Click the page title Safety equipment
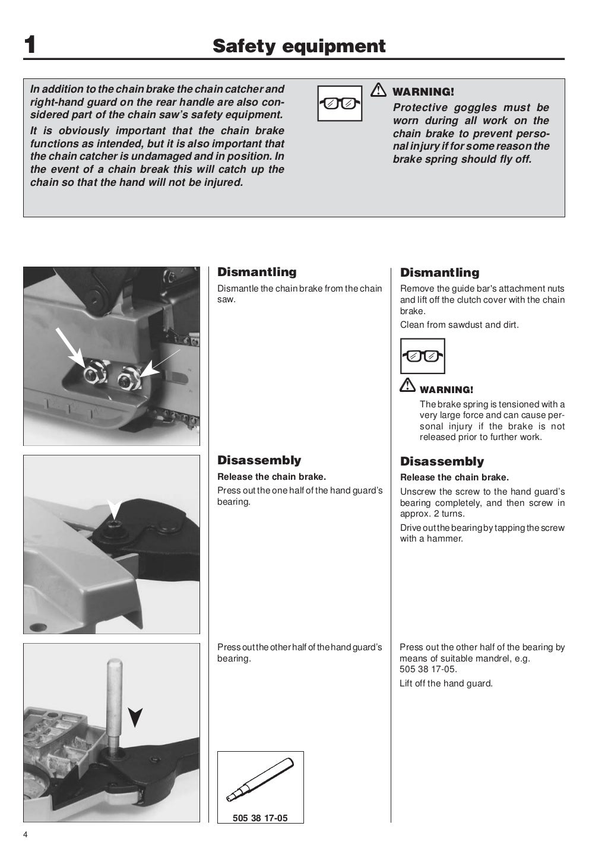[299, 46]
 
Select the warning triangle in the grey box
[378, 90]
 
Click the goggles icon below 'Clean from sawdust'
[422, 356]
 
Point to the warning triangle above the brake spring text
[407, 385]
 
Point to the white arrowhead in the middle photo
[114, 508]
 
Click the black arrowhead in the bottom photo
[135, 717]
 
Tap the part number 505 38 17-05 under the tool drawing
[260, 818]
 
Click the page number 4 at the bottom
[26, 835]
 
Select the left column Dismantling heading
[256, 272]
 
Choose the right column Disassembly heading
[442, 461]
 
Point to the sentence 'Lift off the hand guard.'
[446, 683]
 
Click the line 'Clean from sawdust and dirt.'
[459, 325]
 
